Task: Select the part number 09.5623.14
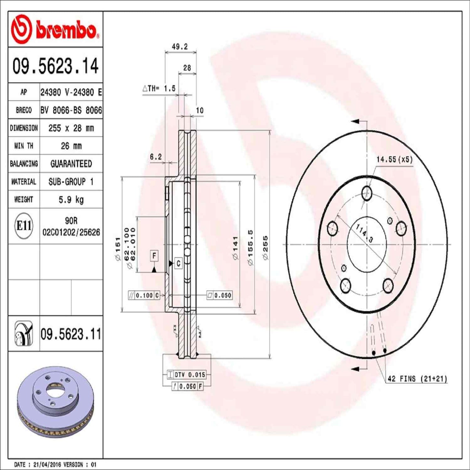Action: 55,66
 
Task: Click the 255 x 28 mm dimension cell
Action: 71,128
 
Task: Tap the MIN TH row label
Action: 24,146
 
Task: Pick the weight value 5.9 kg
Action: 71,199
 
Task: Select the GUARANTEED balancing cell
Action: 71,164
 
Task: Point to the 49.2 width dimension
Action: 180,47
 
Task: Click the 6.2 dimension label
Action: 155,157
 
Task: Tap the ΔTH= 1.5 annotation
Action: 159,88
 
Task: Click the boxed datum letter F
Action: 154,256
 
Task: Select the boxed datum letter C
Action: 178,263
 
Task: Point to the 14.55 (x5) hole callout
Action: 394,159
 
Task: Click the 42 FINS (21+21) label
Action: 417,379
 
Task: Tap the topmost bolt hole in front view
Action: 367,193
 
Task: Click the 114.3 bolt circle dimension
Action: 364,233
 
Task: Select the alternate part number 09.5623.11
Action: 71,334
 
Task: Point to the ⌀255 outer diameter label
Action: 265,248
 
